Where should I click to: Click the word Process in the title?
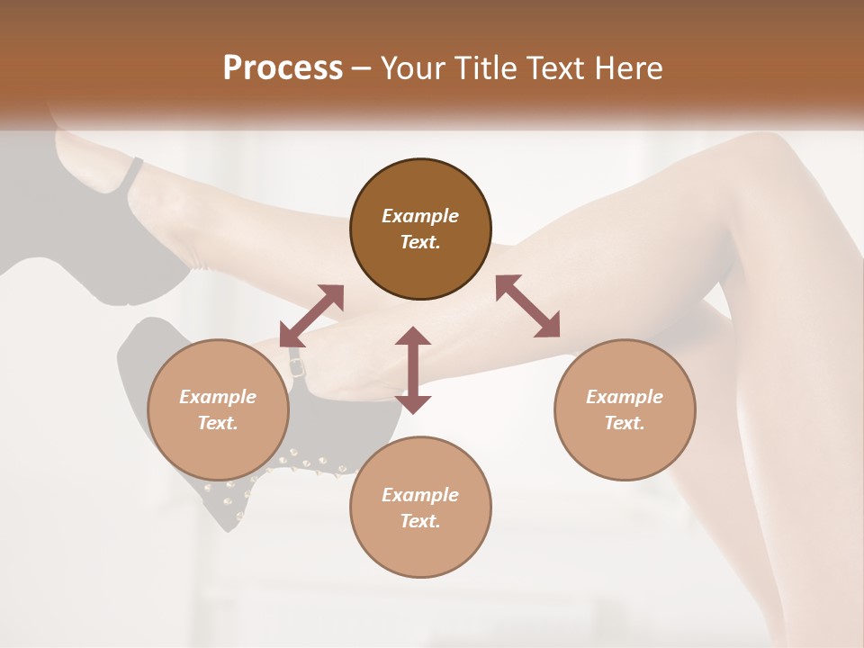(x=283, y=68)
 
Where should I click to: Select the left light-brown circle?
(x=218, y=409)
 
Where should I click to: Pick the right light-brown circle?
(x=625, y=409)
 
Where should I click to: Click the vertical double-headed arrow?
(x=413, y=370)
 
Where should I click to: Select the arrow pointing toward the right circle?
(x=528, y=307)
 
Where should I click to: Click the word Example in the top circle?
(x=420, y=216)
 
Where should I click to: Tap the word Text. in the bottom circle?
(x=420, y=521)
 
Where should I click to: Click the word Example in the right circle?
(x=625, y=397)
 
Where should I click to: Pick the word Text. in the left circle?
(x=218, y=423)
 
